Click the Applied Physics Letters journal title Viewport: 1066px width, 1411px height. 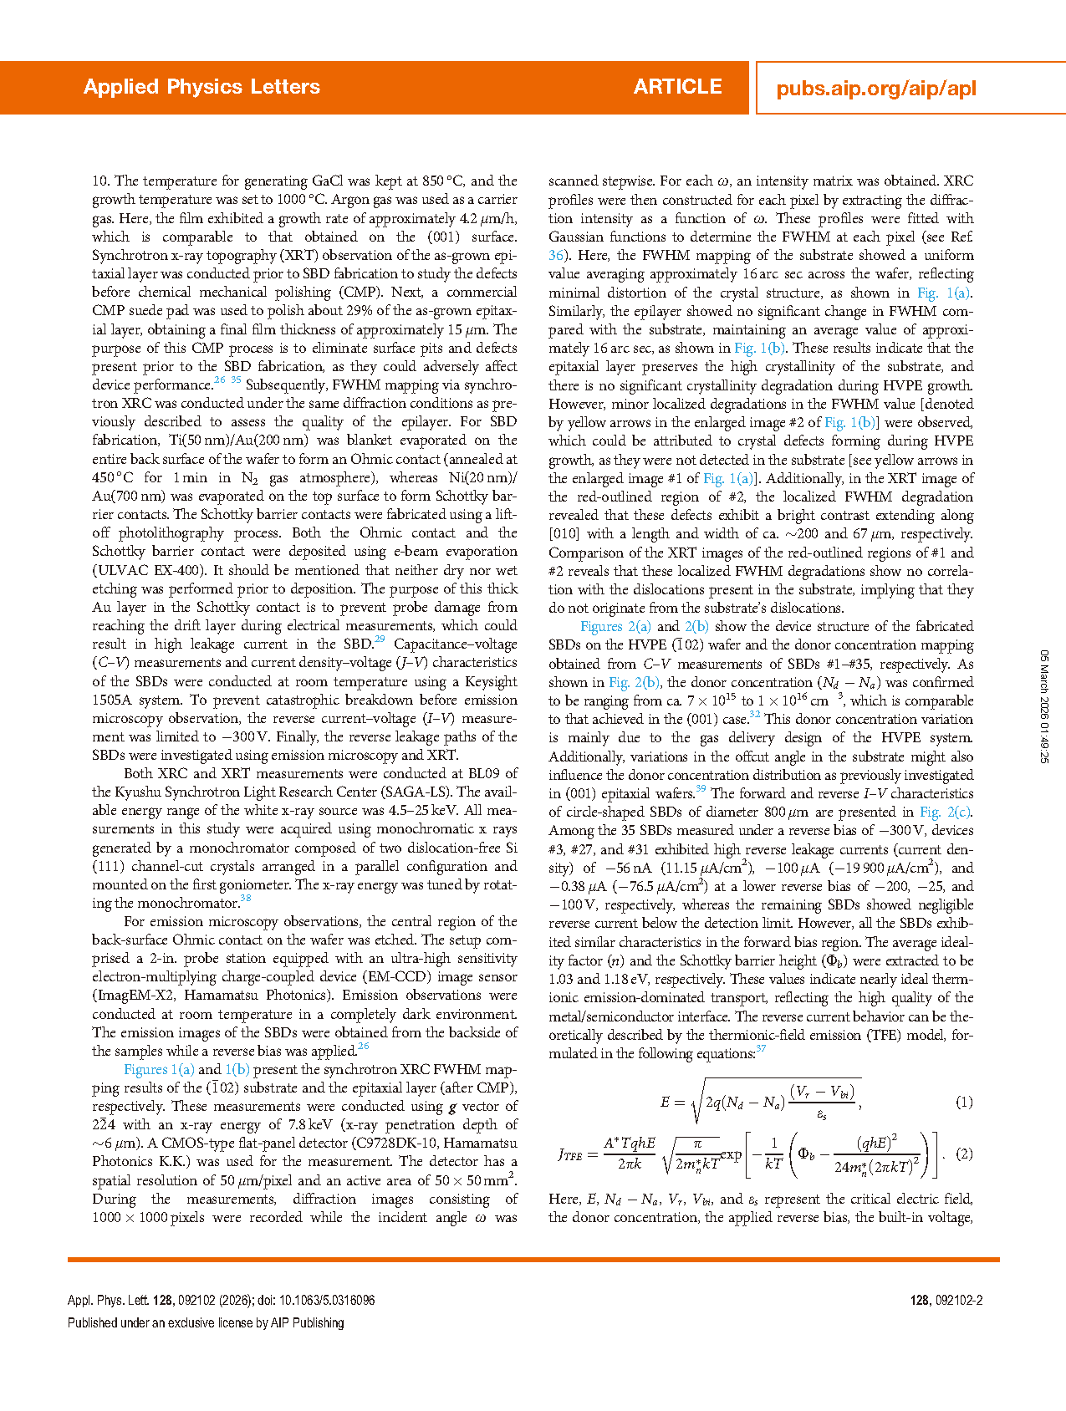201,87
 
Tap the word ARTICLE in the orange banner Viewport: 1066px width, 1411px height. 677,87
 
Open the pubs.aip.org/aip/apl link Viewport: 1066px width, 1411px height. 875,89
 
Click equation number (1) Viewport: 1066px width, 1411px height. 964,1103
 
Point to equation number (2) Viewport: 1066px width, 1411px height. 964,1154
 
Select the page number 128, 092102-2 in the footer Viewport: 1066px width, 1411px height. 946,1300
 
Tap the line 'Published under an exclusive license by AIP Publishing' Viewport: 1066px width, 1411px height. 206,1322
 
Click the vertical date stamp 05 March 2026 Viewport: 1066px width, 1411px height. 1043,706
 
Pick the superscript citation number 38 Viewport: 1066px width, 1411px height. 246,899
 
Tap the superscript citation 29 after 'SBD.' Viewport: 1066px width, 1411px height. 380,639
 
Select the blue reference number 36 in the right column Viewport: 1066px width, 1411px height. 556,255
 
